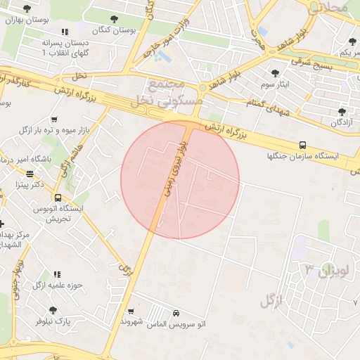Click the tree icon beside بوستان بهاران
(27, 8)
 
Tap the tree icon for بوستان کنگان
(114, 18)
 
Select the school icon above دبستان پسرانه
(65, 32)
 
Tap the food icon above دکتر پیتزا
(30, 174)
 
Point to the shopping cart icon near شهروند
(131, 311)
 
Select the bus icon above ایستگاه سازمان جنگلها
(302, 146)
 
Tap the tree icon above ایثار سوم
(274, 72)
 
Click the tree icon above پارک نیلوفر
(53, 310)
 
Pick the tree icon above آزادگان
(342, 111)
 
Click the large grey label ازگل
(271, 302)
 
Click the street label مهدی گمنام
(264, 104)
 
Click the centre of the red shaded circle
(180, 180)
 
